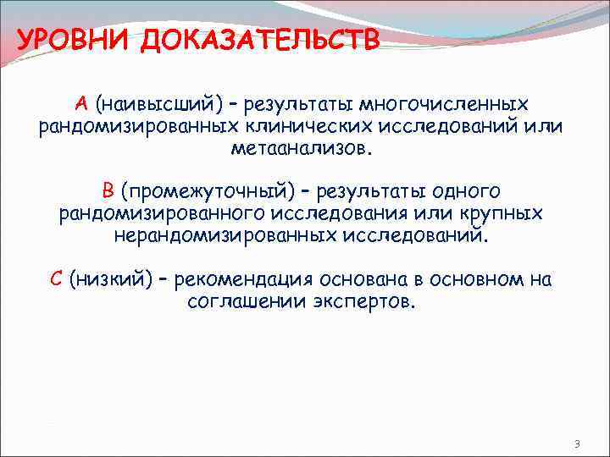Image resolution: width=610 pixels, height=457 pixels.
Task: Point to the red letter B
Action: [108, 190]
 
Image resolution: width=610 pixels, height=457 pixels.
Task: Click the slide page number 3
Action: [576, 444]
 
